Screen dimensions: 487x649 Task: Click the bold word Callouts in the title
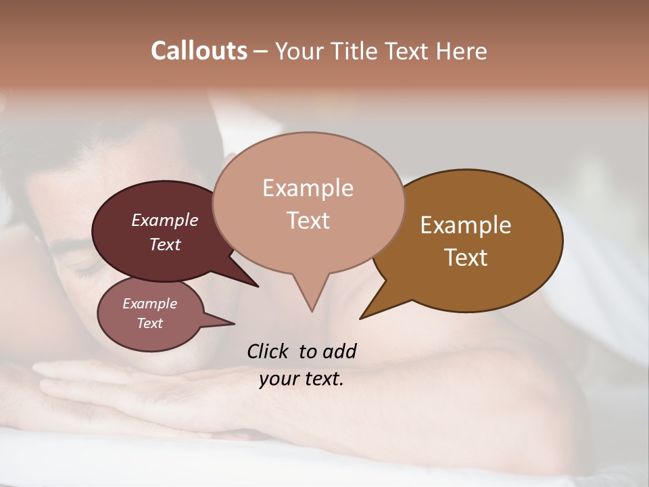pos(199,51)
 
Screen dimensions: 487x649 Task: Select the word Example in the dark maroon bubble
pos(164,220)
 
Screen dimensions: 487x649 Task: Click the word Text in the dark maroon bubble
pos(164,244)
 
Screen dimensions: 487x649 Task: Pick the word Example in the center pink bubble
pos(308,188)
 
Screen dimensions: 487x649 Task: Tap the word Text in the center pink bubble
pos(308,220)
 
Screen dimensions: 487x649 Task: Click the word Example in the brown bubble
pos(466,225)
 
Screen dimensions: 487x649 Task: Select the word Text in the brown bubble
pos(466,258)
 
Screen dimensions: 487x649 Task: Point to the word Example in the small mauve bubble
pos(149,304)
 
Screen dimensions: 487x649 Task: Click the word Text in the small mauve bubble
pos(149,323)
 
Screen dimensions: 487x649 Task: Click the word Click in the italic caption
pos(269,351)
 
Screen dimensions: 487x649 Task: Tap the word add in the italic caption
pos(339,351)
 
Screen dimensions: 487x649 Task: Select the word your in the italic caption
pos(276,379)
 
